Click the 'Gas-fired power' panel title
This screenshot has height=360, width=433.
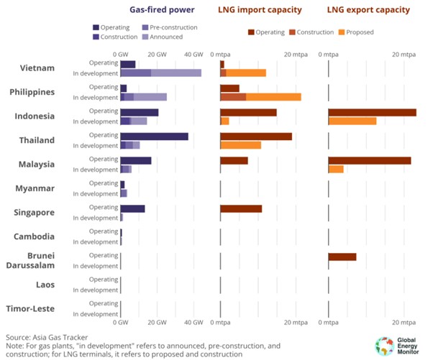(x=162, y=9)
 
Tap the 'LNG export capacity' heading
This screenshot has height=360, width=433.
(x=368, y=9)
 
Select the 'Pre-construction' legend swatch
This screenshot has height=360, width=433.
(x=145, y=27)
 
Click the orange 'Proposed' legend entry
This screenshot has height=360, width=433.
(x=356, y=32)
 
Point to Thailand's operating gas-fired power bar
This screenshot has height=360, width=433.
(x=155, y=137)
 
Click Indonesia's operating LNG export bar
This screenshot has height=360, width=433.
(x=373, y=113)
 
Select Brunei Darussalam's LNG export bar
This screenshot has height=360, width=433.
(x=342, y=257)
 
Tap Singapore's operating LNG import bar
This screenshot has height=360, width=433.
(x=241, y=209)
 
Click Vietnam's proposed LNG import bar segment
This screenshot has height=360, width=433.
(x=246, y=73)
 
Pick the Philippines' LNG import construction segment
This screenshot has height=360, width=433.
(x=233, y=97)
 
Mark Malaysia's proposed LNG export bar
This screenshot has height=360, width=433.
(x=336, y=169)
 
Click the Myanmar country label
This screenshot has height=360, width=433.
(x=35, y=188)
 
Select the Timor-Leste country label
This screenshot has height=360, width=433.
(x=30, y=309)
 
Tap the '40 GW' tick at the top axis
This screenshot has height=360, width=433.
(x=193, y=55)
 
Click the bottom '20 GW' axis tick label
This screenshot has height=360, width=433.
(x=157, y=322)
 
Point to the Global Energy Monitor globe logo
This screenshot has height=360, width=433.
(x=384, y=346)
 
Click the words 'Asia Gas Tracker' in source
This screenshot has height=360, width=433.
(x=60, y=338)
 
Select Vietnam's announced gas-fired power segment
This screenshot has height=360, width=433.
(x=176, y=73)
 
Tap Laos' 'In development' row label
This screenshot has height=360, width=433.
(x=96, y=290)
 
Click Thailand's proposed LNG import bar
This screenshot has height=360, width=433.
(x=241, y=145)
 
